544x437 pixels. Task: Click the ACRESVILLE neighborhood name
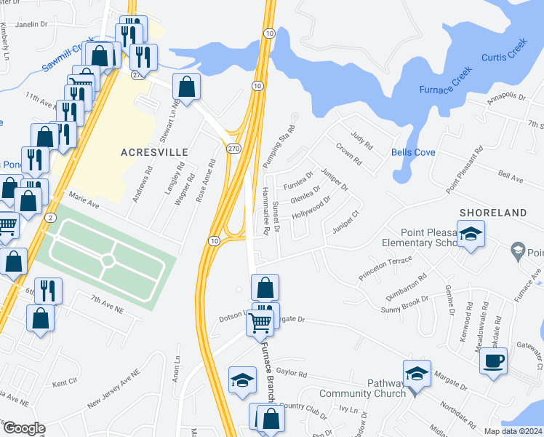[154, 152]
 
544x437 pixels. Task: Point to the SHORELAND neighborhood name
[492, 213]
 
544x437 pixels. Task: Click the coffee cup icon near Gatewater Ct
[494, 361]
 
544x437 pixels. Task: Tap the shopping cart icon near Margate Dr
[260, 321]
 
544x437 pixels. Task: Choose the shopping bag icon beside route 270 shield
[187, 87]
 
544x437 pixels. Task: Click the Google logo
[23, 428]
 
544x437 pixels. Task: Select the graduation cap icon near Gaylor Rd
[242, 379]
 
